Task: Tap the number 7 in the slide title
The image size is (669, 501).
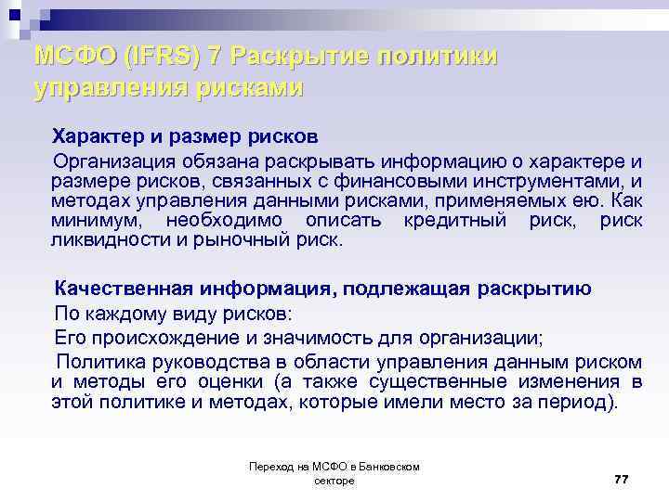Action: pos(216,57)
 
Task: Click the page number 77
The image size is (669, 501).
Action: pos(622,478)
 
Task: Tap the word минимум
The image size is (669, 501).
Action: pos(97,220)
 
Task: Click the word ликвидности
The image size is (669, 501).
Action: pos(111,239)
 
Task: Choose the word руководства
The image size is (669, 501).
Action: pos(196,360)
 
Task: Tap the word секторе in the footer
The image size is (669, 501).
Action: pos(334,482)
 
